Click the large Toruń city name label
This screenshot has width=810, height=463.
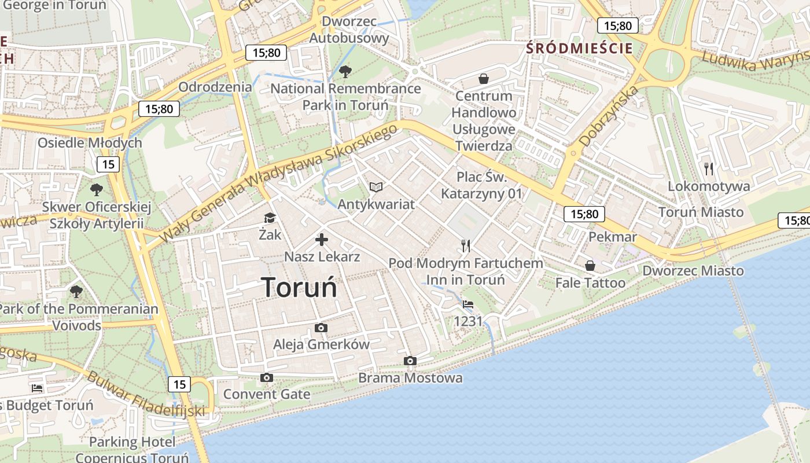(x=299, y=287)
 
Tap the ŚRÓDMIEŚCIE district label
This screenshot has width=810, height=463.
(x=580, y=48)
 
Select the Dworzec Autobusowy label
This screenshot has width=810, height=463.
(x=349, y=30)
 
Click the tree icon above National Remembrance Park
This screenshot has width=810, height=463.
(x=345, y=72)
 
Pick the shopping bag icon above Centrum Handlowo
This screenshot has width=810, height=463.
(x=483, y=78)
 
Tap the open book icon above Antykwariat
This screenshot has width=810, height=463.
(x=376, y=187)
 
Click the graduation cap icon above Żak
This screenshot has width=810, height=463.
(x=270, y=218)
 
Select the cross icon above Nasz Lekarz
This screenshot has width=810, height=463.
(x=322, y=240)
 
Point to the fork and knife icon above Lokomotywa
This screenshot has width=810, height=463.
(x=709, y=168)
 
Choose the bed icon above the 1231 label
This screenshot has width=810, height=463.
(x=468, y=304)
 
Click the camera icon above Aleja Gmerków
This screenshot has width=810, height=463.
(x=321, y=328)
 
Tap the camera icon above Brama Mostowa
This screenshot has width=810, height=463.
(x=410, y=361)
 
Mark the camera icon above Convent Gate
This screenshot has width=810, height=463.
(x=267, y=378)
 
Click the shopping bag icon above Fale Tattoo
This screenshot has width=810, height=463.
(x=590, y=266)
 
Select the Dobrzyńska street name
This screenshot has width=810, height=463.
(x=609, y=115)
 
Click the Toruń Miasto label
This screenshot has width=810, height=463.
(x=701, y=212)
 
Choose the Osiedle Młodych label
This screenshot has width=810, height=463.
(x=90, y=143)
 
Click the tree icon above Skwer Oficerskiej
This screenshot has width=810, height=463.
(x=97, y=189)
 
